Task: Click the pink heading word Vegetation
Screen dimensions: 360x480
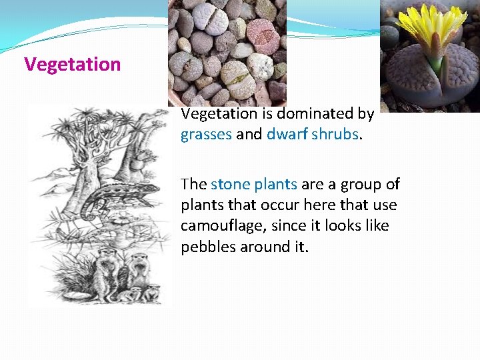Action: point(72,65)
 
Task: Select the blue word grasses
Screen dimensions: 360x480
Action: point(206,135)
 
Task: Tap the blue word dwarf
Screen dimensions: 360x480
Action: point(285,135)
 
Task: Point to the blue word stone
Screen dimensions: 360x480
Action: point(230,185)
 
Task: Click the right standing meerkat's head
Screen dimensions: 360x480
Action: point(139,258)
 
